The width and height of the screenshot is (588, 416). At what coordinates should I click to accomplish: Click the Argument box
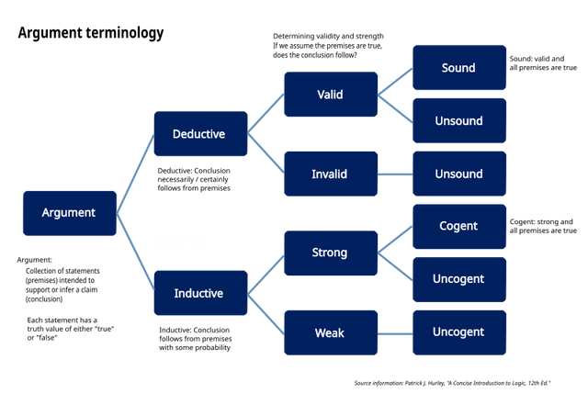tap(70, 213)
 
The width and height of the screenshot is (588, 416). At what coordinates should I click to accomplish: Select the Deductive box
tap(200, 134)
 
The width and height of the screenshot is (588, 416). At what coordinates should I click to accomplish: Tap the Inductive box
tap(200, 293)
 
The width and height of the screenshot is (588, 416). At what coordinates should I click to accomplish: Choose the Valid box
tap(331, 95)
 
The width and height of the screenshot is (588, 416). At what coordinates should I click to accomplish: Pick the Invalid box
tap(331, 174)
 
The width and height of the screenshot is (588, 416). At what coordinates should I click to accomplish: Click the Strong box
tap(331, 253)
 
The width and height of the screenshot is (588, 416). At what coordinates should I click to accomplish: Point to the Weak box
tap(331, 332)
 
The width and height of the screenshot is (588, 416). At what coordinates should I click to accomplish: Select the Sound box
tap(459, 68)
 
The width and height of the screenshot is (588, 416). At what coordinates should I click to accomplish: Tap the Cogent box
tap(459, 227)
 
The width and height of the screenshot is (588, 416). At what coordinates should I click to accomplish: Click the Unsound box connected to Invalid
tap(459, 174)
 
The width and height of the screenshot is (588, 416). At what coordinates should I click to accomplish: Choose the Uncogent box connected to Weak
tap(459, 332)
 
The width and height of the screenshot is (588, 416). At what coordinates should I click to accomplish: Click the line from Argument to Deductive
tap(135, 174)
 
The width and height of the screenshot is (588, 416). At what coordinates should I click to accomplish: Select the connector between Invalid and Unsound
tap(395, 174)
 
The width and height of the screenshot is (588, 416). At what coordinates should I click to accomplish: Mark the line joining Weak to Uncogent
tap(395, 333)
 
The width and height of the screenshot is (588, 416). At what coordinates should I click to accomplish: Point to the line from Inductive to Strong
tap(266, 275)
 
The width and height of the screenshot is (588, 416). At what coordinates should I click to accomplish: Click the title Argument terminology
tap(91, 33)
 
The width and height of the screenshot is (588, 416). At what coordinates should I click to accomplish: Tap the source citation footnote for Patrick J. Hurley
tap(452, 383)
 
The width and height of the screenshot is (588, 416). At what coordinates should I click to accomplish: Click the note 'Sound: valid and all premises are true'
tap(543, 63)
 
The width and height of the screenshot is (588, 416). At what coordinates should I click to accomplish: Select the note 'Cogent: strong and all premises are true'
tap(543, 226)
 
